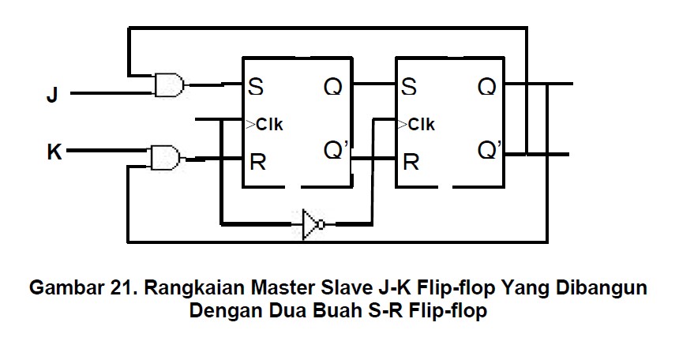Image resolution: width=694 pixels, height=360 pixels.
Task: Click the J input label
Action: (52, 96)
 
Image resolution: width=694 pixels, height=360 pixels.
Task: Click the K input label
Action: (54, 152)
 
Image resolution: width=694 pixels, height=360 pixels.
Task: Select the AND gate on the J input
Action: (170, 84)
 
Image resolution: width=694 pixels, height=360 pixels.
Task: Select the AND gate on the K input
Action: (164, 156)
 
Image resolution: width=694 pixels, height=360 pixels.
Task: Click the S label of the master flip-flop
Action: (256, 86)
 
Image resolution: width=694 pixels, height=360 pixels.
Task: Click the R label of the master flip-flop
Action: (257, 163)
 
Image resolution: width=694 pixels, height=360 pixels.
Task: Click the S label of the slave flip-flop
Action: (408, 86)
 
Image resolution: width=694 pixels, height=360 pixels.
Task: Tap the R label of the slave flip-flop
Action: (411, 163)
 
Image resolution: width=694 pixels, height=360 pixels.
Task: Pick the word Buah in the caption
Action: (336, 310)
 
